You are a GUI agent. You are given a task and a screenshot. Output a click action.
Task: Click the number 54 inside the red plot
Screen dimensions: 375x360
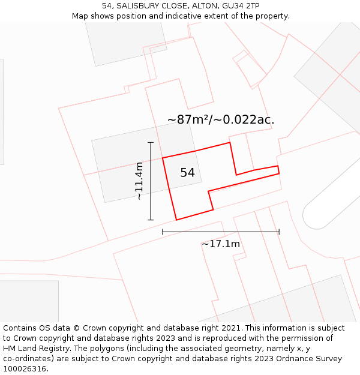187,173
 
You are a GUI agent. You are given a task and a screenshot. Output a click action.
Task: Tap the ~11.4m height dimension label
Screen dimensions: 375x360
139,181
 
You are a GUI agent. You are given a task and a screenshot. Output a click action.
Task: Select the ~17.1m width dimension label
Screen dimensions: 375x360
221,244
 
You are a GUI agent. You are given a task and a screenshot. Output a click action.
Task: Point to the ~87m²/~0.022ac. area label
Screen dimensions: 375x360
221,119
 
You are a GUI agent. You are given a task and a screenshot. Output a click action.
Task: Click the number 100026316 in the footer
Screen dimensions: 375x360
25,369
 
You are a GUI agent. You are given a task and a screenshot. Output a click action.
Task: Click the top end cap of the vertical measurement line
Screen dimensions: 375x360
151,143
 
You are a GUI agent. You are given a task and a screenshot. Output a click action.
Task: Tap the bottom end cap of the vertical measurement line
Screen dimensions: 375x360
151,220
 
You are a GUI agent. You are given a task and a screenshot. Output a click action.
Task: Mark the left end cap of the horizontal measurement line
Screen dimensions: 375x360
163,232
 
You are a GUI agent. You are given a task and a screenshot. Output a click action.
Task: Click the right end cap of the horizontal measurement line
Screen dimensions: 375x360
279,232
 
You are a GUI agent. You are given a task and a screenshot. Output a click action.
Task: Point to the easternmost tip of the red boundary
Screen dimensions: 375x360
279,173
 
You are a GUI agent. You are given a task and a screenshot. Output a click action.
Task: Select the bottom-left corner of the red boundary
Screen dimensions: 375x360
176,220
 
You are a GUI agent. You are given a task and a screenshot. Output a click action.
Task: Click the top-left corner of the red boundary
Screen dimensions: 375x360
163,158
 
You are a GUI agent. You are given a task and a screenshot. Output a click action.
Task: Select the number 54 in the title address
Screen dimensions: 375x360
107,5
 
